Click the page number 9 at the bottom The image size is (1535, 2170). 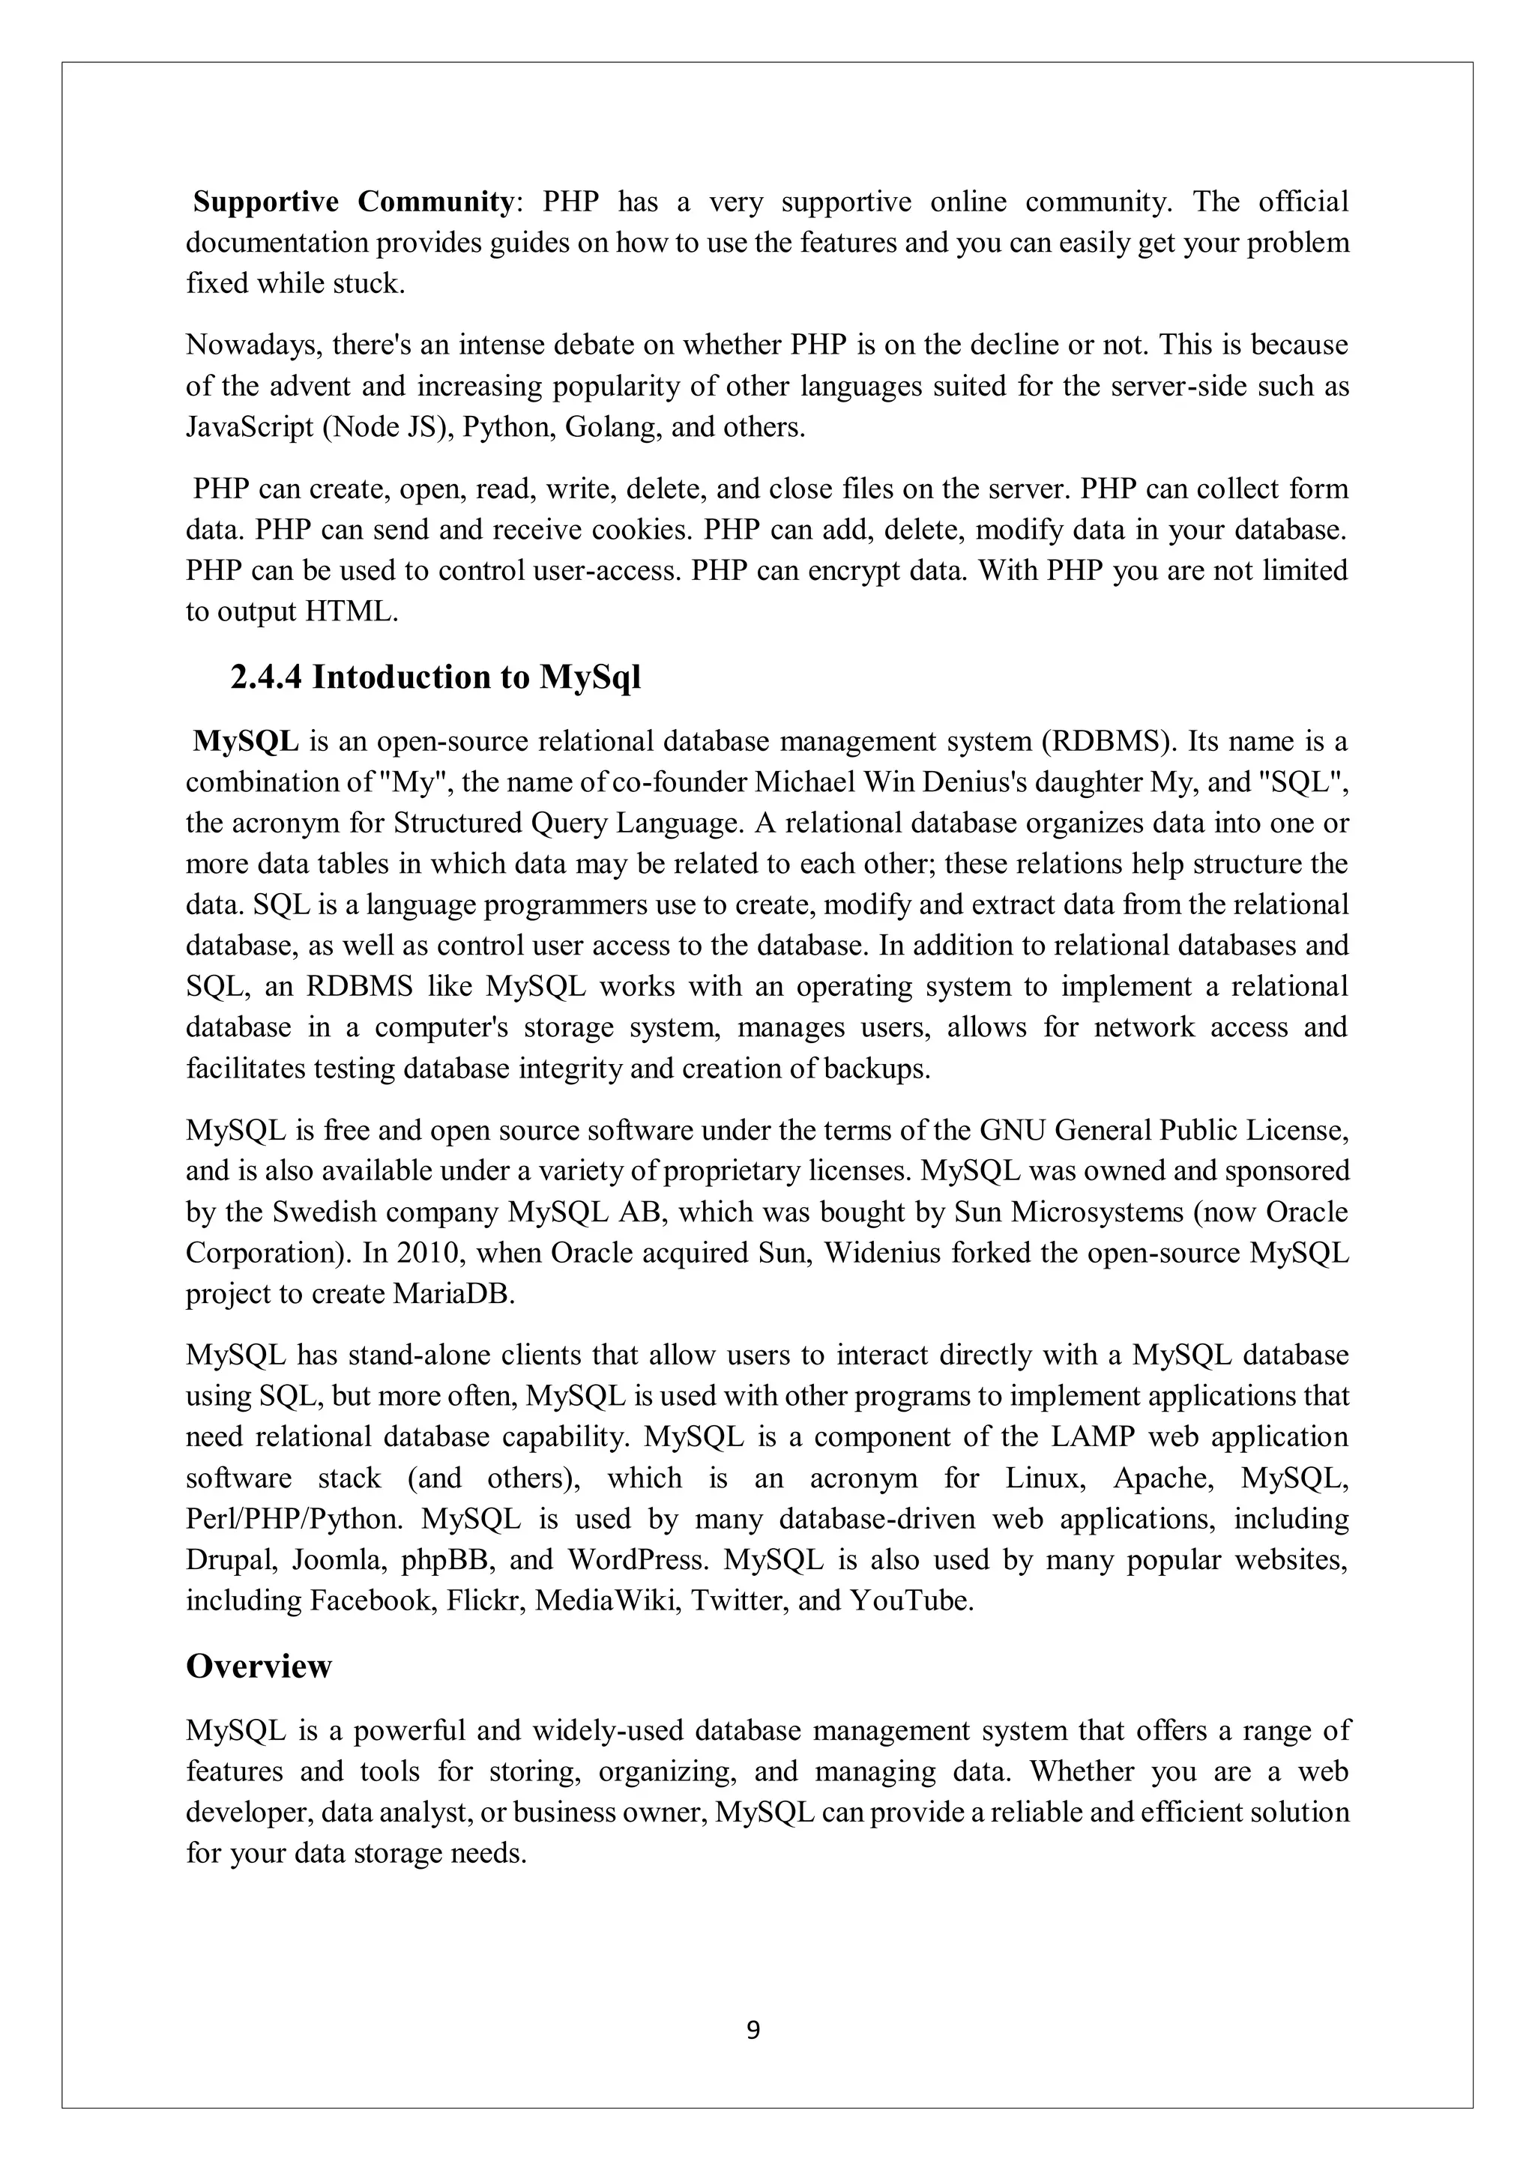753,2029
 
